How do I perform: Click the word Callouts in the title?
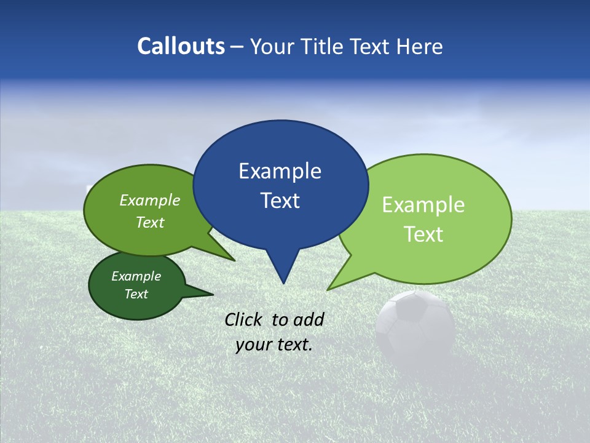pos(181,46)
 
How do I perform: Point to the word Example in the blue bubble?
pos(280,171)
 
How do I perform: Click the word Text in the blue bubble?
pos(280,201)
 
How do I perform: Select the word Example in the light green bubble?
pos(423,205)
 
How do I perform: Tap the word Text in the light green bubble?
pos(423,234)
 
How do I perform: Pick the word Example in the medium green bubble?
pos(150,200)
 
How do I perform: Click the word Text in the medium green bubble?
pos(150,222)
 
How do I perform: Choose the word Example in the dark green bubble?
pos(136,276)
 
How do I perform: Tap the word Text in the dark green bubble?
pos(136,294)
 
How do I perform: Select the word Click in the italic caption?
pos(243,319)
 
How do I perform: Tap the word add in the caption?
pos(308,319)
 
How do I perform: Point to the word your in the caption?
pos(253,345)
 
